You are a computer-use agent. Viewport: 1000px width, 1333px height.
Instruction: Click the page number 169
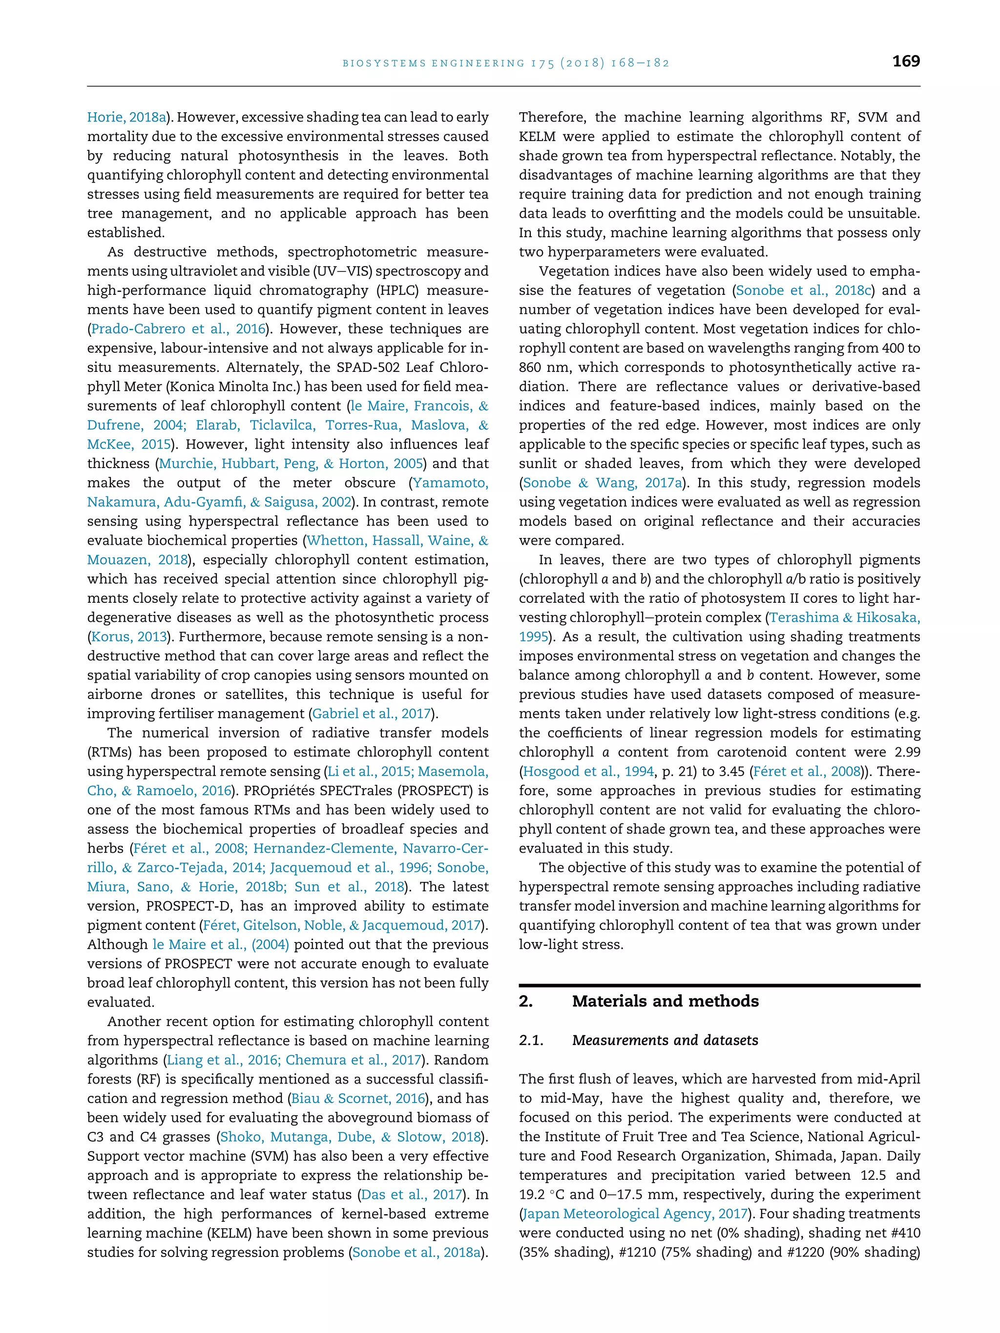(x=905, y=62)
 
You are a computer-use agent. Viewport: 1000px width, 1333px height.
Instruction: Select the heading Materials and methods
(x=665, y=1001)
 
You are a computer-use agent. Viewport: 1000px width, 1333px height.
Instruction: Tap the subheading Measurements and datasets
(x=665, y=1040)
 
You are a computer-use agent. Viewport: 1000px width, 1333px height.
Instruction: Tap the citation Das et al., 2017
(x=412, y=1194)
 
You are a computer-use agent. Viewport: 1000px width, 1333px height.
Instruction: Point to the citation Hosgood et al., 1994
(x=588, y=771)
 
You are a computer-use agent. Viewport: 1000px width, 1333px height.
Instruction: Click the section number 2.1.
(x=531, y=1040)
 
